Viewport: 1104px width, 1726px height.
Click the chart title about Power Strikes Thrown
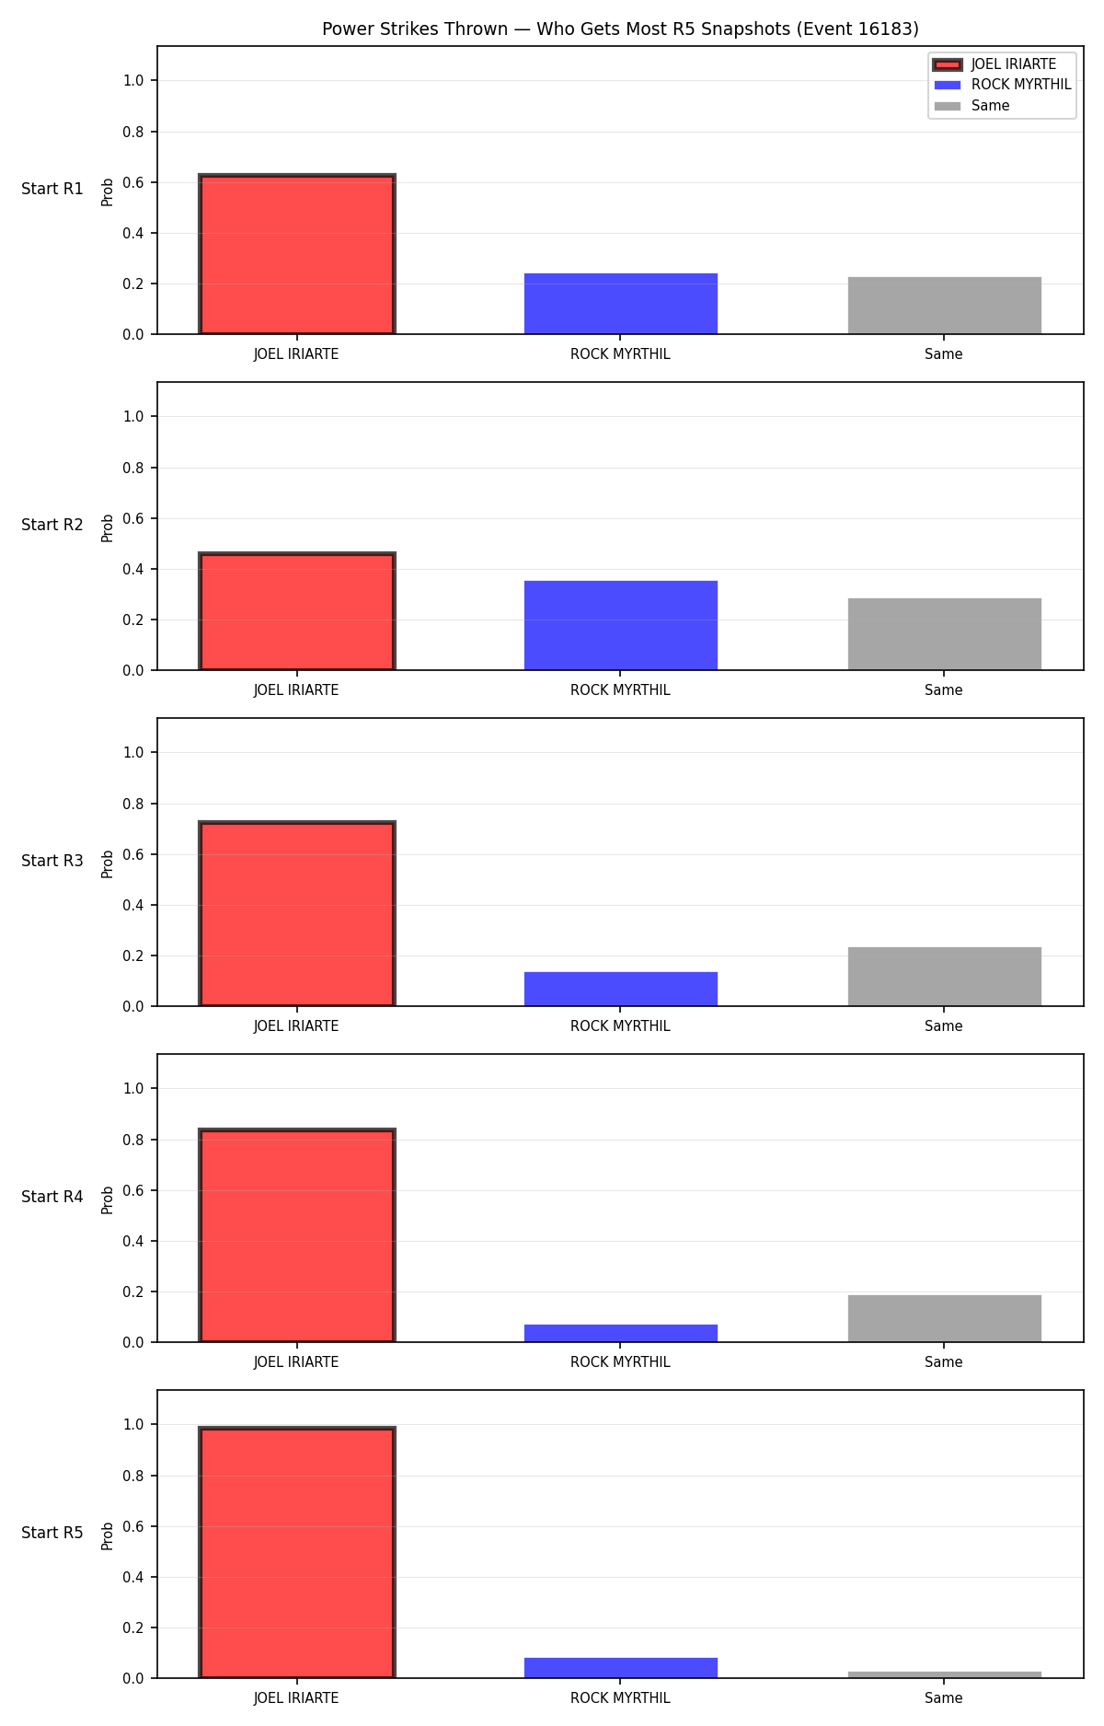click(x=620, y=29)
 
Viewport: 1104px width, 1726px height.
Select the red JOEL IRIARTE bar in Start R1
click(x=297, y=254)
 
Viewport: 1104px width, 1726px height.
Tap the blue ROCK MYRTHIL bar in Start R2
click(x=621, y=625)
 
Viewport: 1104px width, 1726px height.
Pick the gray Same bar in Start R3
click(x=945, y=977)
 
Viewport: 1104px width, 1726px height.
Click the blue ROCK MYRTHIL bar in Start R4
click(x=621, y=1333)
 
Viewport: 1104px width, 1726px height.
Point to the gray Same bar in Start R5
click(x=945, y=1674)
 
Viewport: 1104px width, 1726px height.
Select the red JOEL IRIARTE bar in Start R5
click(x=297, y=1552)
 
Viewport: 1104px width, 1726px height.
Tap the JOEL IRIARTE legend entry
click(x=994, y=64)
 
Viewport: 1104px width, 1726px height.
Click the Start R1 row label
click(x=52, y=189)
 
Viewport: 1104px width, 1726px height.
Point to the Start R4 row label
click(x=52, y=1197)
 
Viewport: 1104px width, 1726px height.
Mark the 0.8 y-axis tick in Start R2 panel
click(x=133, y=468)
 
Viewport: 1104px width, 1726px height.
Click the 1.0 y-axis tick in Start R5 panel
click(x=133, y=1424)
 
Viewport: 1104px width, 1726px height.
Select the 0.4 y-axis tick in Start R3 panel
click(x=133, y=905)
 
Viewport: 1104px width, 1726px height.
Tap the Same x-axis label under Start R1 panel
click(x=944, y=354)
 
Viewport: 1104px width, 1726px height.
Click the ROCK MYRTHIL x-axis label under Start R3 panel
click(x=620, y=1026)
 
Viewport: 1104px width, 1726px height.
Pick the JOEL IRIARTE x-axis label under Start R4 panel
click(x=296, y=1362)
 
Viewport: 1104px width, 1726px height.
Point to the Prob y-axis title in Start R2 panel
click(x=108, y=527)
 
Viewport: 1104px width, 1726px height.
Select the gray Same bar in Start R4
click(x=945, y=1318)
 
